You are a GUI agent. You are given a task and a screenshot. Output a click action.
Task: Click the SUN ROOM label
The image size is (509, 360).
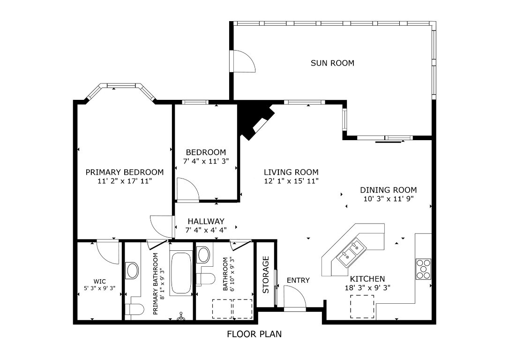coord(332,63)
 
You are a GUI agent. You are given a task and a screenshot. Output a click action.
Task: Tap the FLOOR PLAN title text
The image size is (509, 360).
coord(254,334)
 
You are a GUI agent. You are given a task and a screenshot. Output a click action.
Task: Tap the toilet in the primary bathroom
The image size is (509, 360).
coord(135,310)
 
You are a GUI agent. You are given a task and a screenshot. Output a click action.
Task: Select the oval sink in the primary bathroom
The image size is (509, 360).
coord(133,270)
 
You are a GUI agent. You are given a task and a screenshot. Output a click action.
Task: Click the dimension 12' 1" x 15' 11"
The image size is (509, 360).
coord(291,181)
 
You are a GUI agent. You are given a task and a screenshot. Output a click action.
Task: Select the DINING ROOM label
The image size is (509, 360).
coord(388,190)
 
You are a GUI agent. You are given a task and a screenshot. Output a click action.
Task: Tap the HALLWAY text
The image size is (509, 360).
coord(206,221)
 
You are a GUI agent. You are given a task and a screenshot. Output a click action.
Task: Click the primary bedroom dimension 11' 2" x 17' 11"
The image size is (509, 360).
coord(124,181)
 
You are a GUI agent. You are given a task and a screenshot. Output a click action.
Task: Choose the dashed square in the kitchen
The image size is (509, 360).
coord(362,307)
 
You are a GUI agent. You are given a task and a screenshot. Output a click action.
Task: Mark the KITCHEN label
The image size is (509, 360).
coord(367,279)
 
